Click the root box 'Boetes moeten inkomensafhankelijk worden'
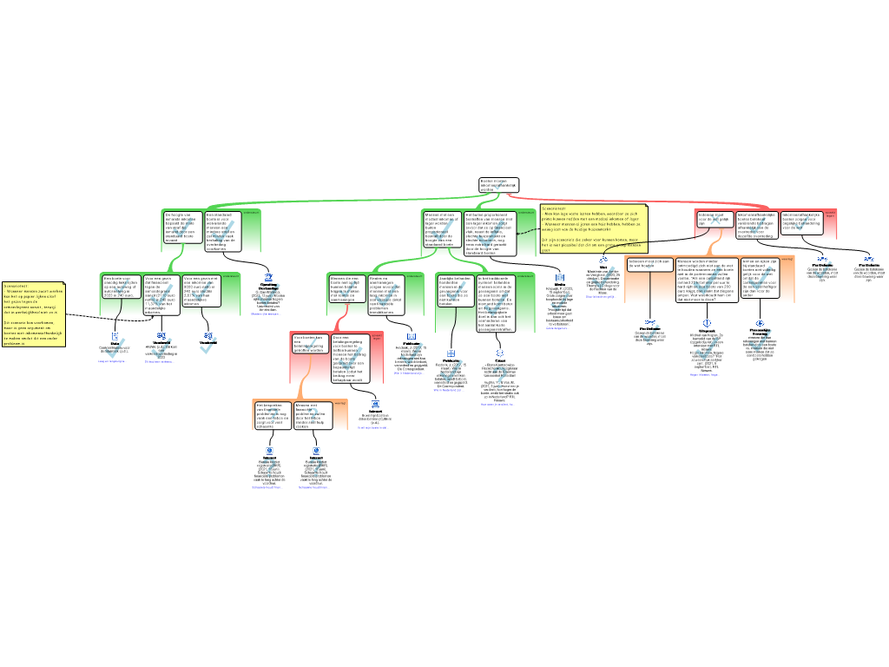click(498, 185)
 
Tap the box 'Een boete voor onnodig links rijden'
click(121, 287)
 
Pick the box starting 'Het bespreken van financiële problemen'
click(273, 415)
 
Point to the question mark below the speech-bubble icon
click(500, 378)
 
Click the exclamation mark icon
click(707, 324)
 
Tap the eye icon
click(761, 323)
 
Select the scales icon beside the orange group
click(603, 259)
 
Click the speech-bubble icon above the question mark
click(500, 353)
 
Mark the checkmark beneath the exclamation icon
click(707, 348)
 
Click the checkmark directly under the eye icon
click(761, 340)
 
